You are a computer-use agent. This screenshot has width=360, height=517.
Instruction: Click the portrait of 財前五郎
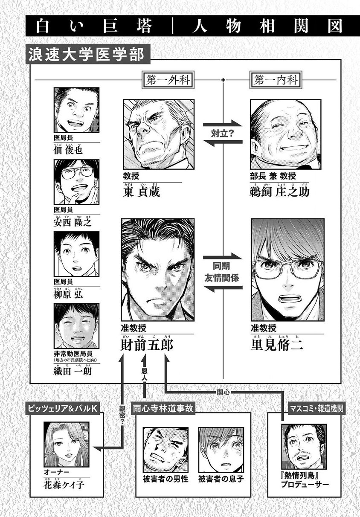[x=157, y=271]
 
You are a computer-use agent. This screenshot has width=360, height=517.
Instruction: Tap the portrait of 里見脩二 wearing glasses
[x=287, y=271]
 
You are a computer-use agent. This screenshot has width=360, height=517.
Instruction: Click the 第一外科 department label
[x=167, y=80]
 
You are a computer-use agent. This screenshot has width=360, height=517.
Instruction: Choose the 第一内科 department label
[x=276, y=80]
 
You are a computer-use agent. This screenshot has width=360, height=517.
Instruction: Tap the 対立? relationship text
[x=222, y=134]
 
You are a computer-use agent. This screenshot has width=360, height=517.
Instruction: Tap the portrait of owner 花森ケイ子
[x=67, y=444]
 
